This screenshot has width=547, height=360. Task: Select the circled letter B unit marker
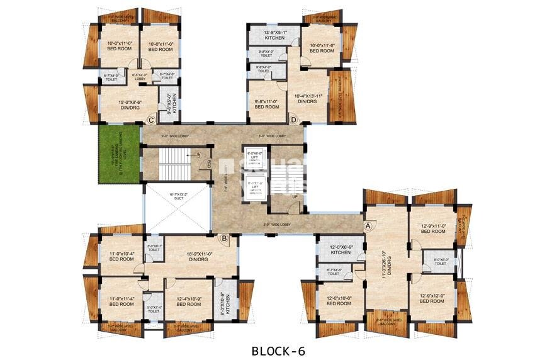(x=223, y=238)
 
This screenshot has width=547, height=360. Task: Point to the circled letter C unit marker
(x=151, y=120)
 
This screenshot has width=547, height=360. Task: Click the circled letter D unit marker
(x=293, y=120)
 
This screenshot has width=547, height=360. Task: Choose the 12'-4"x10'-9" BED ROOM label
(x=188, y=301)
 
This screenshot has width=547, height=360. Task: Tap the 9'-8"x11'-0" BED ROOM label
(x=267, y=104)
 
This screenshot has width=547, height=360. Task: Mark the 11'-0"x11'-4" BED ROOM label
(x=121, y=301)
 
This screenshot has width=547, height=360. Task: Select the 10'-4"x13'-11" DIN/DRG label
(x=308, y=99)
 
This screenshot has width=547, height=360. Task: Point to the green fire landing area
(x=118, y=154)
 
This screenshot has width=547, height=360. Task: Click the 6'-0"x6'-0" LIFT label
(x=254, y=157)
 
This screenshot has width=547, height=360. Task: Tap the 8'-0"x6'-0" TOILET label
(x=441, y=261)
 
